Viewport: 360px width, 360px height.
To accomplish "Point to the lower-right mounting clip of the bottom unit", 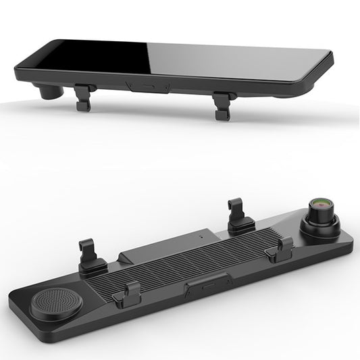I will [x=279, y=251].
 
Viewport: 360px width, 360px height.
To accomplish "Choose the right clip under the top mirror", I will [x=222, y=105].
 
